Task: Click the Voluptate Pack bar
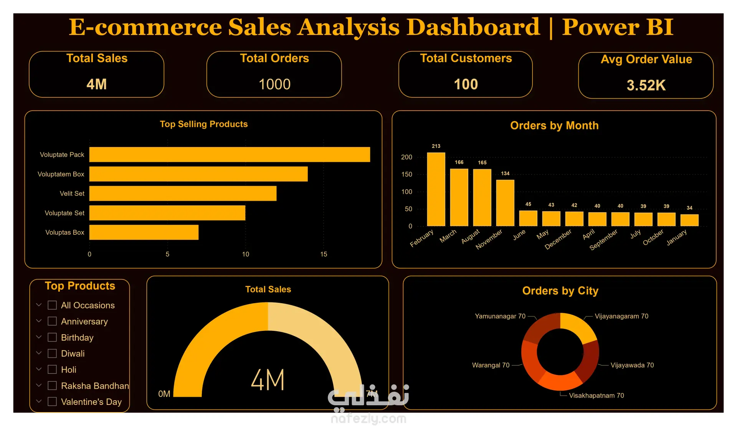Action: (x=230, y=154)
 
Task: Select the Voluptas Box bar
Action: (x=144, y=232)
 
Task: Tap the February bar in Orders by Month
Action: (x=436, y=189)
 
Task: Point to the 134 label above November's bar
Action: (x=505, y=173)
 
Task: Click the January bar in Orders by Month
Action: (x=689, y=220)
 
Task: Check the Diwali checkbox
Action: (x=52, y=353)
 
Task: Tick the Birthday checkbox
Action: (x=52, y=337)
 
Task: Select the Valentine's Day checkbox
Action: (x=52, y=401)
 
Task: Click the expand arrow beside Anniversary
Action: (x=39, y=321)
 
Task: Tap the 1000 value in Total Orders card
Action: (x=274, y=84)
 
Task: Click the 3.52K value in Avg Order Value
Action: (x=646, y=85)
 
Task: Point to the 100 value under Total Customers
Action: (x=466, y=84)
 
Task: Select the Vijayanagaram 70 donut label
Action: (x=621, y=316)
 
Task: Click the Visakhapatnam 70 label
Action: (x=596, y=395)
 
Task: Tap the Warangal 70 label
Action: (x=491, y=365)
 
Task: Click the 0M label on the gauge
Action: (x=164, y=394)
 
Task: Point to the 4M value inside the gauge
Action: (x=268, y=380)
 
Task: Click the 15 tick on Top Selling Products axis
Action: (x=324, y=254)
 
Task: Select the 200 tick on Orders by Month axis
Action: (x=407, y=157)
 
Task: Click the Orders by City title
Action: (x=560, y=291)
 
